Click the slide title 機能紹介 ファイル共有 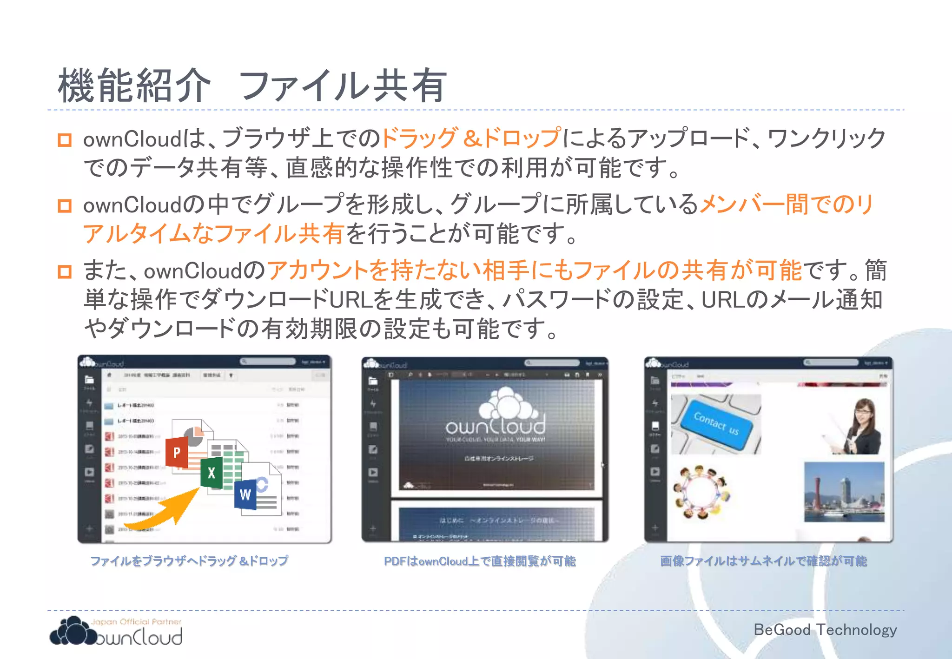(252, 86)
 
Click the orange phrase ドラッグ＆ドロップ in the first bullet (471, 138)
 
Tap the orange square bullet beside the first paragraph (65, 140)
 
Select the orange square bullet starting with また (65, 271)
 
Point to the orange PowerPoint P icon (177, 452)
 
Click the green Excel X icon (212, 473)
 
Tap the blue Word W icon (245, 494)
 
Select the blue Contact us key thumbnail (715, 423)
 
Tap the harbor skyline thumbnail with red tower (844, 492)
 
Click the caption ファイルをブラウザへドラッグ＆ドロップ (189, 561)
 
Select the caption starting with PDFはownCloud (480, 561)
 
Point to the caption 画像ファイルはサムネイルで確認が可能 (764, 561)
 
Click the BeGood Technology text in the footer (825, 630)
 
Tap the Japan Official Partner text (136, 622)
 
